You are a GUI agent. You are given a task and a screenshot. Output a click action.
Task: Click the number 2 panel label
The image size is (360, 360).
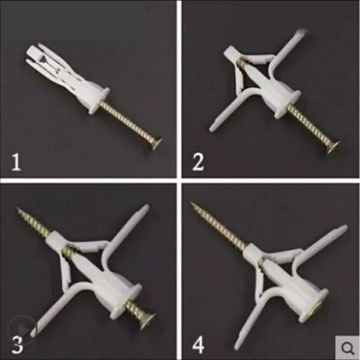[198, 162]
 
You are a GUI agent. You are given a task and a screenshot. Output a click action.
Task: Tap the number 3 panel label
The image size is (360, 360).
[17, 345]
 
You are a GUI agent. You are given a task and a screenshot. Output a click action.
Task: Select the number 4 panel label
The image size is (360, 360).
[198, 345]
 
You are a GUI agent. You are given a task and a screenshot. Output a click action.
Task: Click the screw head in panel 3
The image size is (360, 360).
[148, 319]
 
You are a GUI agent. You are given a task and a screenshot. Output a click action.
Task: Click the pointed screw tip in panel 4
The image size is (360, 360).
[191, 203]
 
